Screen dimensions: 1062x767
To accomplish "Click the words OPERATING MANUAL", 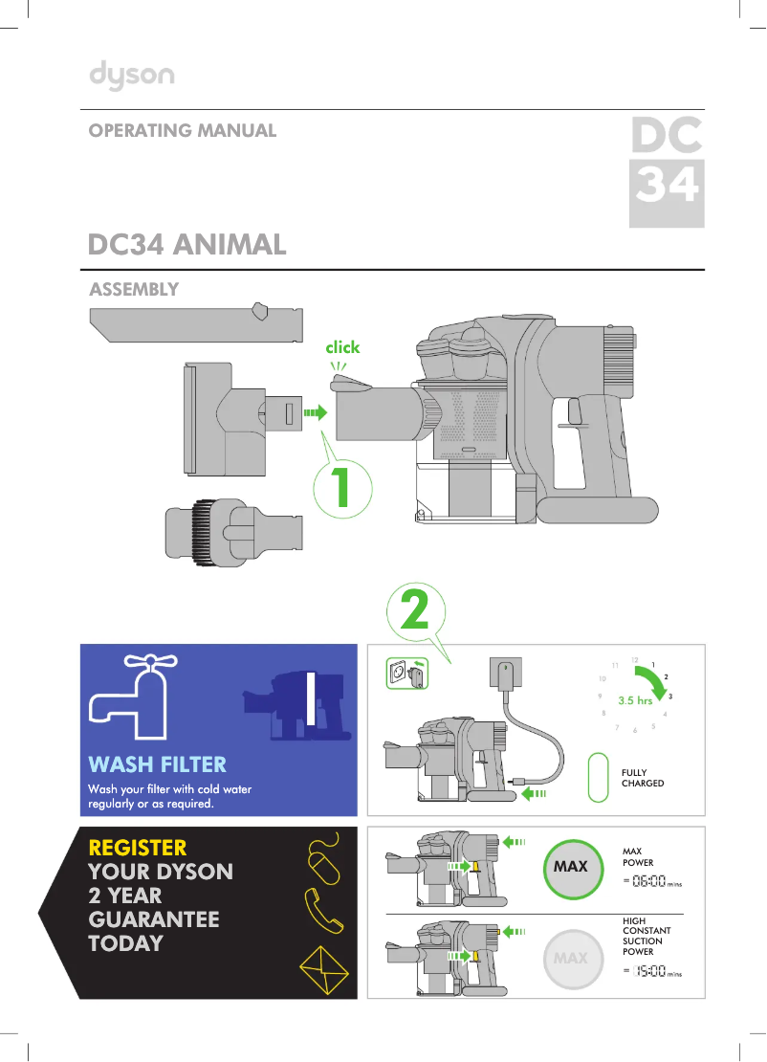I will click(x=183, y=131).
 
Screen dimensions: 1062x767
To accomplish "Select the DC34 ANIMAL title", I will click(x=187, y=245).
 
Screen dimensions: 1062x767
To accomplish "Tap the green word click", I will click(x=342, y=347).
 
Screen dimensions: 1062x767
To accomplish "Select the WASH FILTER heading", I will click(x=158, y=764).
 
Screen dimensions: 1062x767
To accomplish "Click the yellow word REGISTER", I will click(x=138, y=848).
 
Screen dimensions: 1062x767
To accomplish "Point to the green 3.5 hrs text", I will click(x=635, y=700).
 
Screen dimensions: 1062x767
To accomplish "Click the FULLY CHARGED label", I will click(x=643, y=778).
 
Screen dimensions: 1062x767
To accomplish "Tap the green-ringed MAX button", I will click(x=571, y=867).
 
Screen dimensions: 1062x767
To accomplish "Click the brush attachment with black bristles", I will click(x=231, y=529).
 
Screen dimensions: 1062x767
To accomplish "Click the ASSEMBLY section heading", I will click(x=134, y=290).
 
